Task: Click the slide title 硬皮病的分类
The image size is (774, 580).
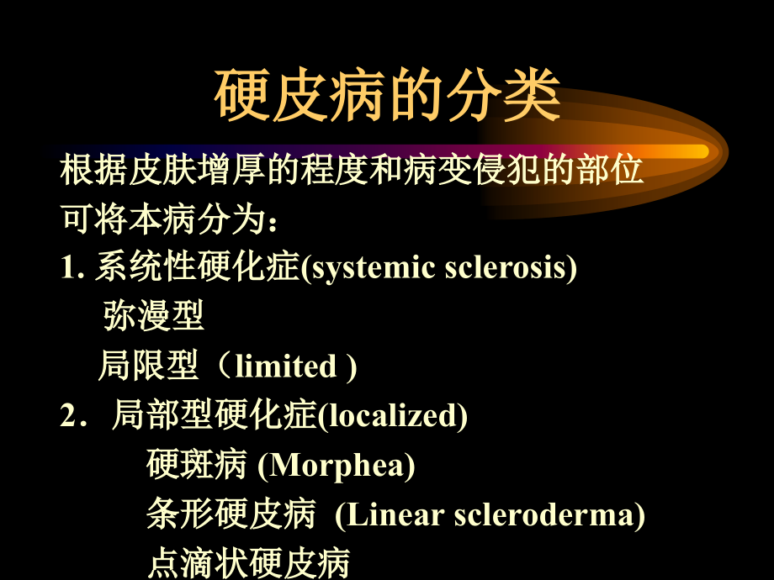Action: click(x=387, y=96)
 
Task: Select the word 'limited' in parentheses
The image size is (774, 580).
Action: click(x=285, y=366)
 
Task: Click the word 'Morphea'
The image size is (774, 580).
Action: click(x=336, y=465)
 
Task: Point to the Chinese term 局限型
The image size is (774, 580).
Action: click(x=148, y=366)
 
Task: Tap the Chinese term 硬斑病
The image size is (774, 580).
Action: click(x=197, y=465)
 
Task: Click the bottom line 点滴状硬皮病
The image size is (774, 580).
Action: click(x=247, y=562)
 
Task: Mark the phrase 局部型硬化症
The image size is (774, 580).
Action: click(x=213, y=416)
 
